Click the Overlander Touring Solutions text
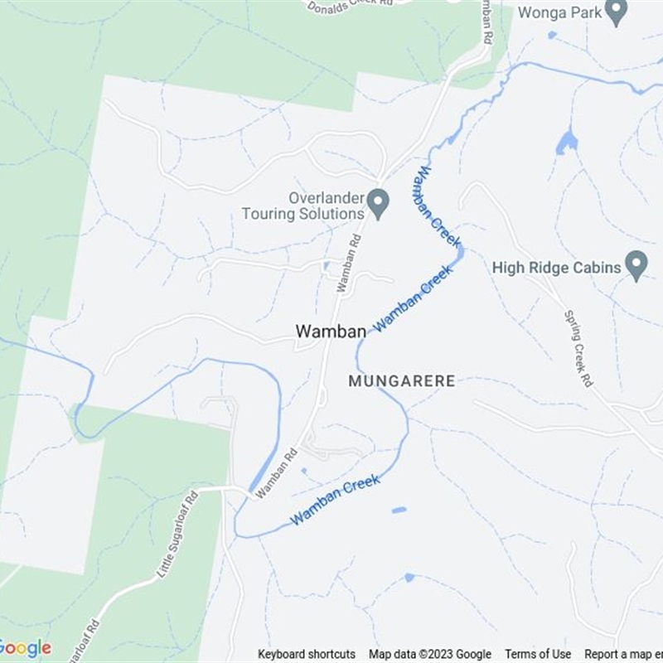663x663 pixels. click(304, 206)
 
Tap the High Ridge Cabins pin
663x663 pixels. click(636, 265)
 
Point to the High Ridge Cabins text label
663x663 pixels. click(556, 268)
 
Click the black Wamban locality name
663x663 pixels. click(331, 331)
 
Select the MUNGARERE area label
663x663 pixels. click(402, 381)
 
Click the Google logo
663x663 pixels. click(25, 648)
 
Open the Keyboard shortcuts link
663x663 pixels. click(307, 655)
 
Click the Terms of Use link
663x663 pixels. click(538, 655)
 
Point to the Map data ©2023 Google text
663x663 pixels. click(430, 655)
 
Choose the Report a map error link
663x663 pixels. click(623, 655)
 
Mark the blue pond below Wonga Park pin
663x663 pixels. click(567, 143)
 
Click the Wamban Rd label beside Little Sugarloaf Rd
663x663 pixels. click(277, 473)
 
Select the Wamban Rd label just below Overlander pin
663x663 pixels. click(350, 264)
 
